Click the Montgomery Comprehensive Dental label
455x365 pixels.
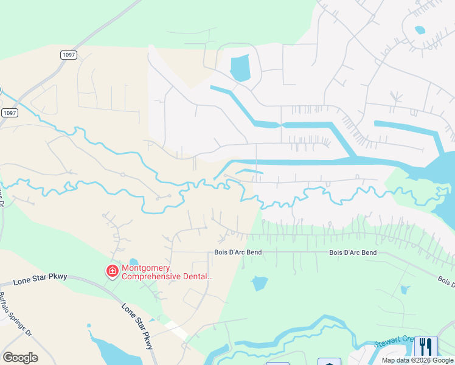tap(167, 272)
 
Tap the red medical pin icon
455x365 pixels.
tap(113, 271)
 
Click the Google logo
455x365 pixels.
tap(20, 358)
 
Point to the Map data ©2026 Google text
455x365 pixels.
tap(417, 360)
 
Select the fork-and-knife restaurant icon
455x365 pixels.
tap(425, 347)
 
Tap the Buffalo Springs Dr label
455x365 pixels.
tap(13, 314)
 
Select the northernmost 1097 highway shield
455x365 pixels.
tap(69, 55)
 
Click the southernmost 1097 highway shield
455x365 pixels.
tap(10, 113)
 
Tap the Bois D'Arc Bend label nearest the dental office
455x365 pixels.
tap(237, 252)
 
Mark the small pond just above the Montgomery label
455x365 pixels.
tap(134, 262)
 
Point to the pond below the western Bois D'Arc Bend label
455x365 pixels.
tap(260, 283)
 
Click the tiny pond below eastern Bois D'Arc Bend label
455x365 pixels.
tap(406, 290)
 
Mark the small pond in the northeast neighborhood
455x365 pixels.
tap(420, 29)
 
